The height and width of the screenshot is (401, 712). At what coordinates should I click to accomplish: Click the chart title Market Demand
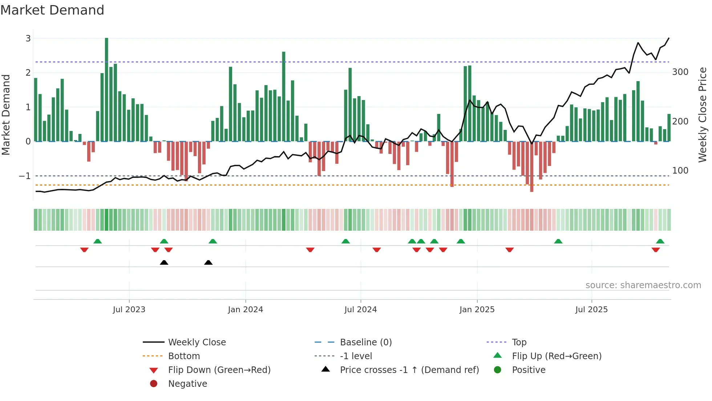click(x=52, y=10)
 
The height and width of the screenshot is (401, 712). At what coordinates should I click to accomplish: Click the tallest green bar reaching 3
click(x=106, y=89)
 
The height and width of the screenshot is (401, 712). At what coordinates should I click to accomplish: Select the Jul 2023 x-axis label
click(x=129, y=310)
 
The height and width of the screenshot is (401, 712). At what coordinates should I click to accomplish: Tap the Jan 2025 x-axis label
click(x=477, y=310)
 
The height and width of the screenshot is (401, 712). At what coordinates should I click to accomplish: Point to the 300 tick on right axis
click(x=680, y=72)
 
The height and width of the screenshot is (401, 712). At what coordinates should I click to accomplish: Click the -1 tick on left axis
click(x=25, y=176)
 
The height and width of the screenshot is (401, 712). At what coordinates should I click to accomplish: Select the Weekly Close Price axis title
click(x=703, y=115)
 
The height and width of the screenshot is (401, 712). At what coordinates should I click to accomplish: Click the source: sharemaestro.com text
click(x=643, y=285)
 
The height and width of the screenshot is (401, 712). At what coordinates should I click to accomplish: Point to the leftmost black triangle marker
click(x=164, y=262)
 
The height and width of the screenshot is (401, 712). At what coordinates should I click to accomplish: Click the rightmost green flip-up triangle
click(x=660, y=241)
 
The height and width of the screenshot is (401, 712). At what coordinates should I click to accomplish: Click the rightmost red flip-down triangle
click(x=656, y=250)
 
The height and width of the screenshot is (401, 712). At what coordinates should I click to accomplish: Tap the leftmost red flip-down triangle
click(x=84, y=250)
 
